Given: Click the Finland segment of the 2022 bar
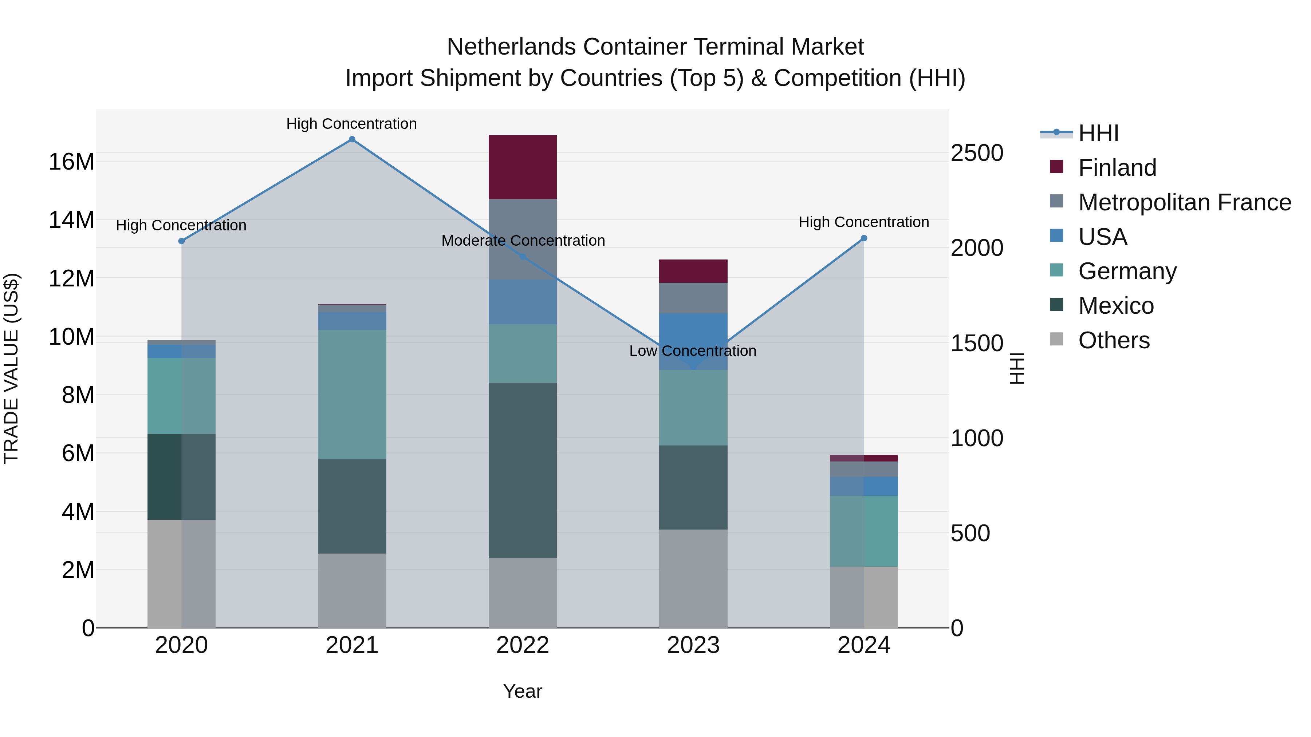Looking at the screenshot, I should [522, 167].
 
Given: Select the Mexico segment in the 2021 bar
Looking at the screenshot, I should [352, 506].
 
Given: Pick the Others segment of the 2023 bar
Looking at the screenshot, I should [693, 578].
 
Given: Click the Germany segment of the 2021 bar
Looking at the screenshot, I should [352, 394].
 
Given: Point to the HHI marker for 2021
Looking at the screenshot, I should [352, 139].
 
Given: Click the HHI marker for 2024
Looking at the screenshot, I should [864, 238].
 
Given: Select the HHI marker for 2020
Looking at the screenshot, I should [181, 241].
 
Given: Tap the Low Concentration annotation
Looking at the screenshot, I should [693, 351].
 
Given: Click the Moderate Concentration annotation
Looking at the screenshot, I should [523, 241].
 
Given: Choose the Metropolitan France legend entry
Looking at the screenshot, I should [1184, 202].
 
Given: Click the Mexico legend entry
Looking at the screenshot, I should [1115, 306].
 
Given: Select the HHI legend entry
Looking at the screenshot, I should [1098, 133].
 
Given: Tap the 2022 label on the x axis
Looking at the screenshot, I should [522, 645].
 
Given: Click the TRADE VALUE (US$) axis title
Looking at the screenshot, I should [11, 368].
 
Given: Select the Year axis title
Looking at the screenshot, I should [522, 691].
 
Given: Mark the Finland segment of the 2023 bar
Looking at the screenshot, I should [693, 271].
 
